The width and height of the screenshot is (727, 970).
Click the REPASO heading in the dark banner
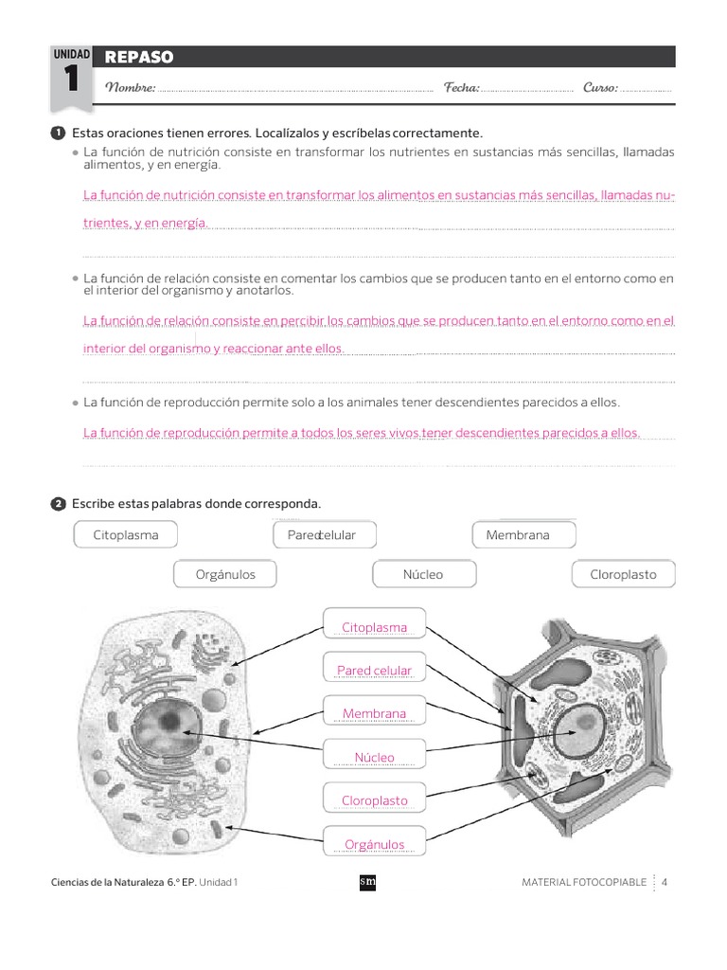pyautogui.click(x=139, y=58)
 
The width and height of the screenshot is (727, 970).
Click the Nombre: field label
pyautogui.click(x=130, y=88)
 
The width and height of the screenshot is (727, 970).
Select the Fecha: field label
pyautogui.click(x=462, y=88)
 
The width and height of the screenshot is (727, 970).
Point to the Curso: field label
pyautogui.click(x=601, y=88)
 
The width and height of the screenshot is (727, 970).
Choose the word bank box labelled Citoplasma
pyautogui.click(x=126, y=535)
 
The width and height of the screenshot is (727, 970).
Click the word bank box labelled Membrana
pyautogui.click(x=518, y=535)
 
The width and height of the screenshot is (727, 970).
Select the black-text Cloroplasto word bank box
pyautogui.click(x=623, y=574)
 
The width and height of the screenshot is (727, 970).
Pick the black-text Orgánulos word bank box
pyautogui.click(x=226, y=574)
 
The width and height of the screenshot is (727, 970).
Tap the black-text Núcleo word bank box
pyautogui.click(x=422, y=574)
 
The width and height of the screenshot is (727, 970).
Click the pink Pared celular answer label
pyautogui.click(x=374, y=671)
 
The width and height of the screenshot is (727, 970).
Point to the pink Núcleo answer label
pyautogui.click(x=374, y=758)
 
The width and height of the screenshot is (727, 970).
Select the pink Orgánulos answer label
pyautogui.click(x=374, y=844)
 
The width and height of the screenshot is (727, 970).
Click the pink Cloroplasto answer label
pyautogui.click(x=374, y=800)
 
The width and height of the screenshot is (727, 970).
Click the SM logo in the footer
pyautogui.click(x=368, y=882)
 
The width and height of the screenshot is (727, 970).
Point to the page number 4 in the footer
pyautogui.click(x=665, y=882)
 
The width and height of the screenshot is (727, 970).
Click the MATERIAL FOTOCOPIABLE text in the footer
pyautogui.click(x=584, y=882)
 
